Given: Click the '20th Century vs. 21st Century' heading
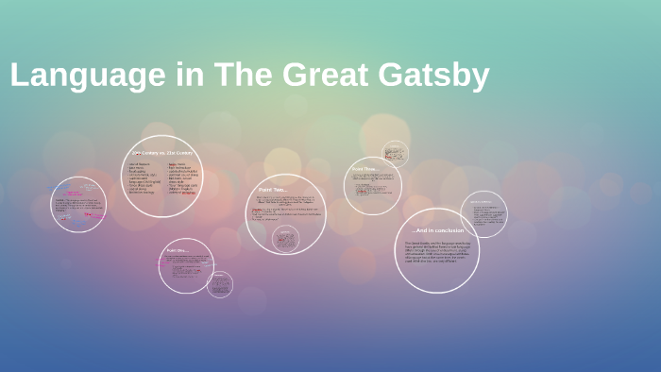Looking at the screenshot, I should [161, 153].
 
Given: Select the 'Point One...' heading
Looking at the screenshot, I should [177, 250].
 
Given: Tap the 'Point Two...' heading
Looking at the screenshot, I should [273, 190].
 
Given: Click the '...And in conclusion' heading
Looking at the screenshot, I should [436, 230].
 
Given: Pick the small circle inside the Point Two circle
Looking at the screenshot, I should [285, 239].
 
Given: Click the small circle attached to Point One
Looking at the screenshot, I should [220, 284].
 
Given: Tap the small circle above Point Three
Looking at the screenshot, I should [396, 153].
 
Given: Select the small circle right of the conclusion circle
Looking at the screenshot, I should [484, 214].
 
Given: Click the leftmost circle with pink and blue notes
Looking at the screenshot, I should [78, 205].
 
